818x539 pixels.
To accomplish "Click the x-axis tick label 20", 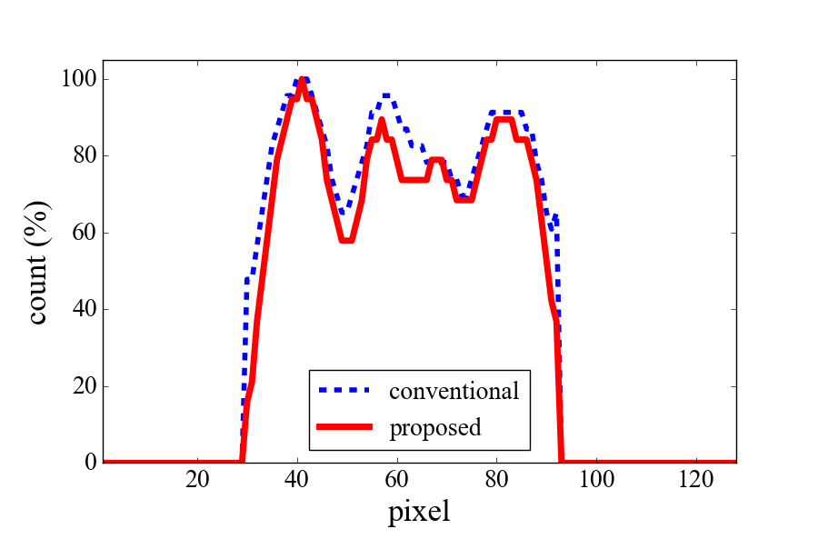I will click(197, 480).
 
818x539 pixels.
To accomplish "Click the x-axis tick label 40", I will click(297, 480).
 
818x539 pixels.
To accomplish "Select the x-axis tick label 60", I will click(397, 480).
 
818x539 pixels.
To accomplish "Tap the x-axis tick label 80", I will click(496, 480).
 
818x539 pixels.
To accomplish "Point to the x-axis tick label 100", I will click(596, 480).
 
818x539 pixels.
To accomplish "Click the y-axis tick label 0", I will click(90, 463).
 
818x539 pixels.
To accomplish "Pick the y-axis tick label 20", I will click(85, 386).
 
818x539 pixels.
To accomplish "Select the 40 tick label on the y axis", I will click(85, 309).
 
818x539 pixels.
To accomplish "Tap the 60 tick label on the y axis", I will click(85, 233).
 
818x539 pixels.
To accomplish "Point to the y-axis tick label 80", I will click(85, 155).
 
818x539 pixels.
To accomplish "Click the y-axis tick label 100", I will click(80, 79).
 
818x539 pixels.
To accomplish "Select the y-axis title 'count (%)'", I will click(38, 262).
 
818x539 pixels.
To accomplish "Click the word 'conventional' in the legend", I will click(454, 392).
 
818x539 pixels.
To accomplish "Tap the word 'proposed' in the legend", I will click(434, 426).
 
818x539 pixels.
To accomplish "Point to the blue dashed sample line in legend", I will click(345, 391).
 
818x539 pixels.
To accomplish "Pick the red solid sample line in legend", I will click(345, 426).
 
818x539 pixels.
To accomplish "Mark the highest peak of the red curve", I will click(302, 80).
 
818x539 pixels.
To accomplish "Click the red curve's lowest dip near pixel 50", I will click(346, 240).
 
